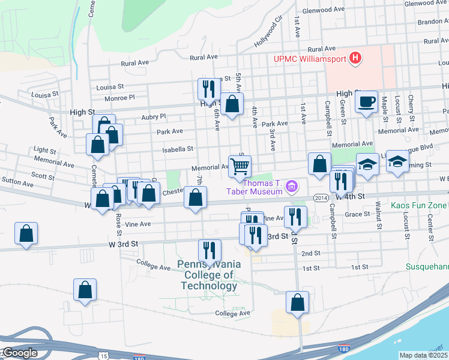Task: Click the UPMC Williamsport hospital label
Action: pos(309,59)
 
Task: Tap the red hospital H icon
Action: pos(356,58)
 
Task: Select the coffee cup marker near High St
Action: pos(366,102)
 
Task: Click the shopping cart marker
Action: pos(240,166)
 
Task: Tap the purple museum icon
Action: pos(292,187)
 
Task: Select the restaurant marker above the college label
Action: pos(209,250)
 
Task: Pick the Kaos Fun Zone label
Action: pos(419,206)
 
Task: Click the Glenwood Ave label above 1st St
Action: pos(324,10)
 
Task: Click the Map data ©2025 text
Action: pos(423,355)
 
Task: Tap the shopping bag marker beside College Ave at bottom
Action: pos(297,302)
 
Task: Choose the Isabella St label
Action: pos(181,149)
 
